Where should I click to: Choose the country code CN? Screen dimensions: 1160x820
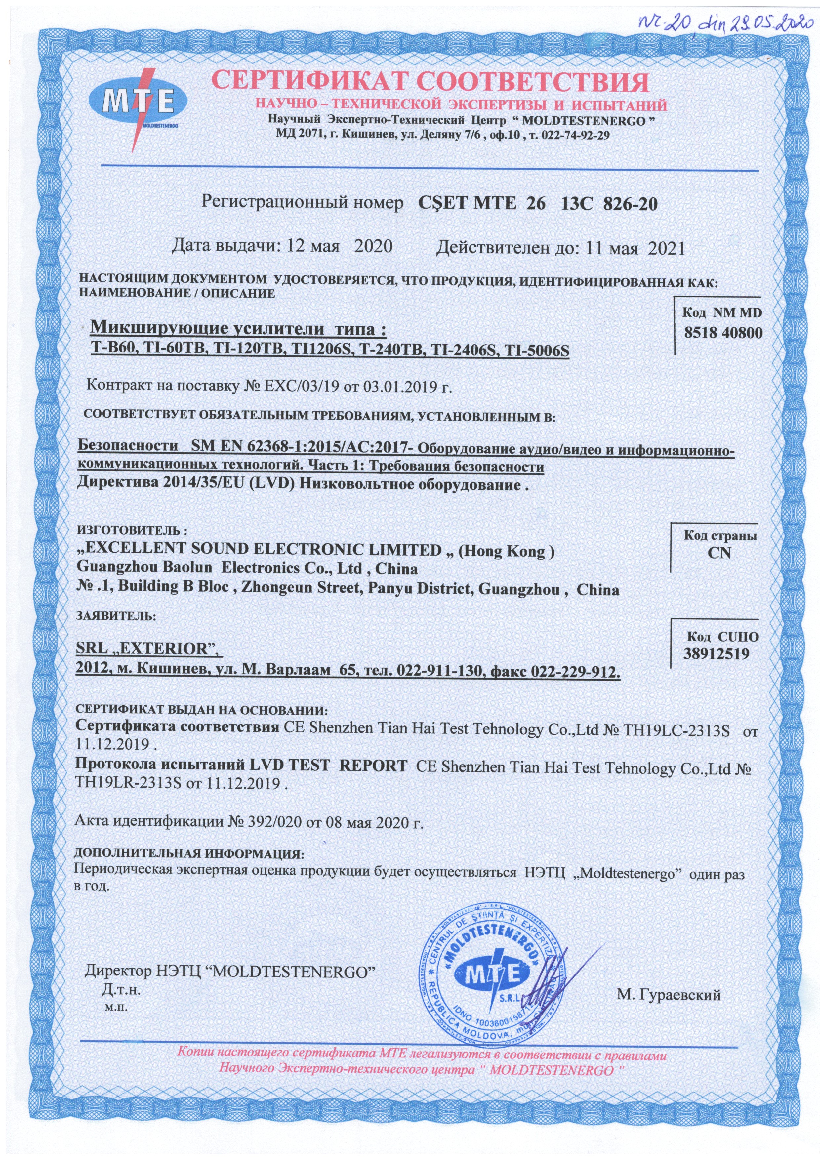[719, 552]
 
